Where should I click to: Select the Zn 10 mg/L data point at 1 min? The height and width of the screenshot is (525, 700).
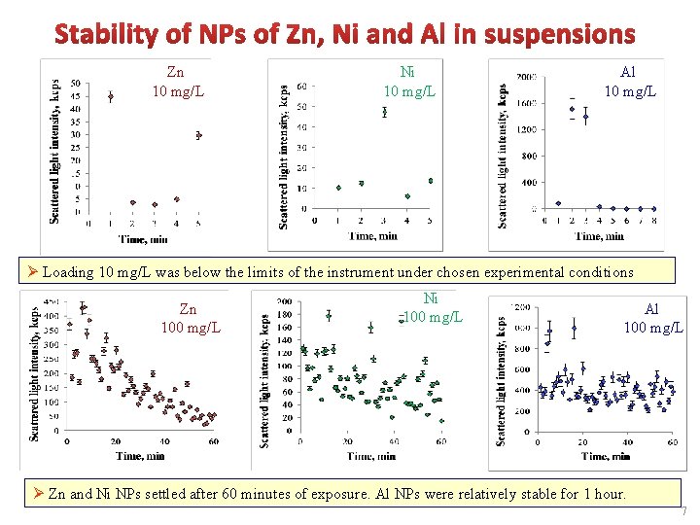[x=111, y=97]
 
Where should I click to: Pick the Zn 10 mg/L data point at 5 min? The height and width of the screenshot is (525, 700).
[x=198, y=135]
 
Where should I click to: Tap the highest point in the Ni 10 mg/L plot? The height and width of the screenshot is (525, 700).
[x=384, y=112]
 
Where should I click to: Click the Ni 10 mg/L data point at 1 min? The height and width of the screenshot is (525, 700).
[x=338, y=188]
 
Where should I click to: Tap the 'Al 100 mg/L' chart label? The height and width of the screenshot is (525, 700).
[x=652, y=318]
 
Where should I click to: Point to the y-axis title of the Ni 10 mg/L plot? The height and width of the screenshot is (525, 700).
[x=283, y=156]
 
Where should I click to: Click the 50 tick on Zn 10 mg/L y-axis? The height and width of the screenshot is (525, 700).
[x=76, y=83]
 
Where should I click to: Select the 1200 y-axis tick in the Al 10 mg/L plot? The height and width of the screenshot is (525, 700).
[x=527, y=129]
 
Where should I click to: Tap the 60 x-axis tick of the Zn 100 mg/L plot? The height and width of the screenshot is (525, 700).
[x=213, y=442]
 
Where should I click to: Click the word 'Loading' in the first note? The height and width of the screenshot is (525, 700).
[x=72, y=273]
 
